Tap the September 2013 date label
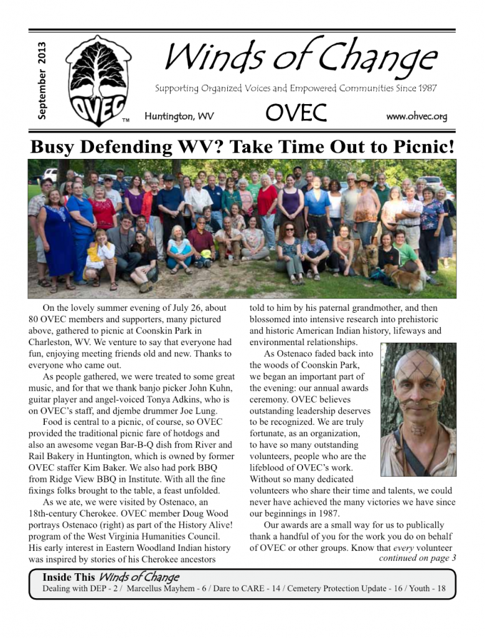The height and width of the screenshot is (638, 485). (42, 80)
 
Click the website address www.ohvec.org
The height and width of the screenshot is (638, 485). (417, 116)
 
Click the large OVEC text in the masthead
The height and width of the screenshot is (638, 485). (296, 113)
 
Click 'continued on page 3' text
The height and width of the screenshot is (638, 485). (417, 558)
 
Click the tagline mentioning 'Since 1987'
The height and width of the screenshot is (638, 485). (296, 88)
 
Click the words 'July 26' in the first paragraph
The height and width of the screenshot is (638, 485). (189, 308)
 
